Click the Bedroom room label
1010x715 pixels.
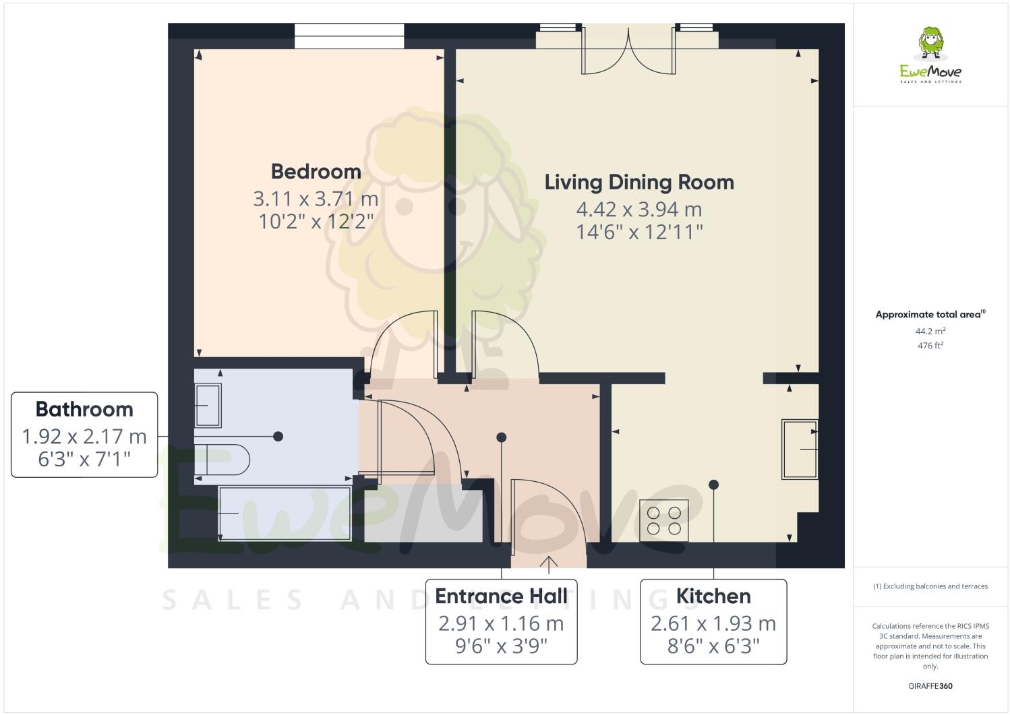[316, 171]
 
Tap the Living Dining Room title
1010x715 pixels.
[638, 182]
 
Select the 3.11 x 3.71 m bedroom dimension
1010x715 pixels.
[316, 199]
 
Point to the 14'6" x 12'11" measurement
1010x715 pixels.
[638, 232]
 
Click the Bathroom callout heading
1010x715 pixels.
[84, 409]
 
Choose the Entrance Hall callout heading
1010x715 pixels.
[501, 596]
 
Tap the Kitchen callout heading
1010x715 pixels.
[713, 596]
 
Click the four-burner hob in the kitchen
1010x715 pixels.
[663, 520]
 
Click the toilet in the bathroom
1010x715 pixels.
[222, 460]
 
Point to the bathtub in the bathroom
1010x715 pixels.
[283, 514]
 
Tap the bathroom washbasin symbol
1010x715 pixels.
[207, 405]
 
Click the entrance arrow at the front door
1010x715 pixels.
[549, 564]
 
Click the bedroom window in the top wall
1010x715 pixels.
[349, 36]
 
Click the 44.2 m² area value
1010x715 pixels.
[930, 331]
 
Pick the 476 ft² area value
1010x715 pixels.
[930, 346]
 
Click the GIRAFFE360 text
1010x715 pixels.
[930, 686]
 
